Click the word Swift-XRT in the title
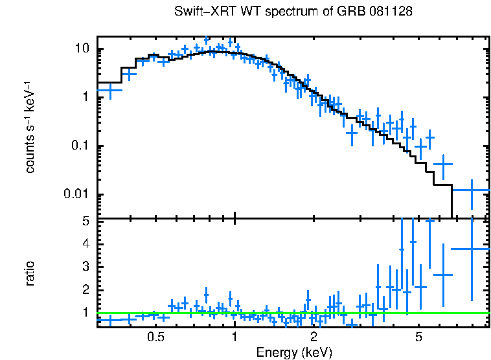tap(202, 12)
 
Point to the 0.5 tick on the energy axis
tap(155, 337)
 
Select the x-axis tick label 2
tap(314, 337)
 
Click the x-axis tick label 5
tap(418, 337)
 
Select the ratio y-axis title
tap(30, 274)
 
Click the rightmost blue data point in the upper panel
tap(471, 190)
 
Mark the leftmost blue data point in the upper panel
tap(109, 91)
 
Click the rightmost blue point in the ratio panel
tap(471, 249)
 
